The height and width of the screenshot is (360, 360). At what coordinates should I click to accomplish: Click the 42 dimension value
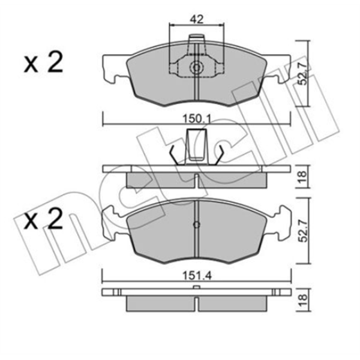pyautogui.click(x=197, y=20)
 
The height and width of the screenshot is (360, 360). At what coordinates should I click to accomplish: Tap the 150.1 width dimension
pyautogui.click(x=197, y=119)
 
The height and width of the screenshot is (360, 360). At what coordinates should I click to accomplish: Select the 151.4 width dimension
pyautogui.click(x=197, y=276)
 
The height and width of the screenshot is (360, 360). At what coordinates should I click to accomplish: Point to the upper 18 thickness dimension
pyautogui.click(x=303, y=176)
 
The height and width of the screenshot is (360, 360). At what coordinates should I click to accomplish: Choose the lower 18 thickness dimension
pyautogui.click(x=303, y=301)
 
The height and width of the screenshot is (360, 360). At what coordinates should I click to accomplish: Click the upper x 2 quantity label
pyautogui.click(x=43, y=62)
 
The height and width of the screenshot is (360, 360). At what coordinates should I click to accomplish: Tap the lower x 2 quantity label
pyautogui.click(x=43, y=219)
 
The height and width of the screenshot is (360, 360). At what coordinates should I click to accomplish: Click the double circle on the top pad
pyautogui.click(x=196, y=67)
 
